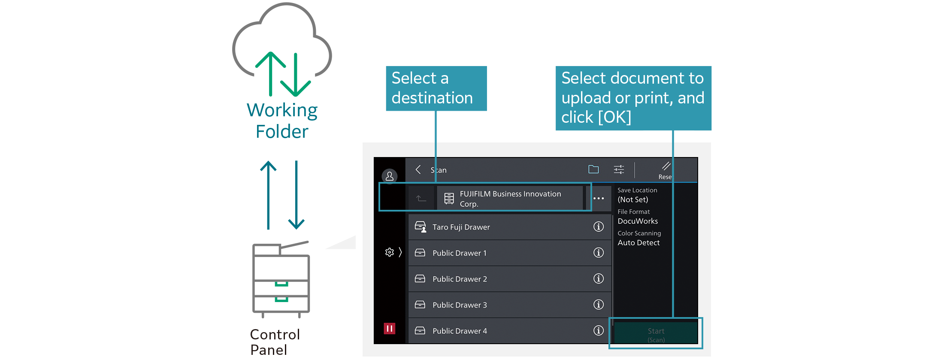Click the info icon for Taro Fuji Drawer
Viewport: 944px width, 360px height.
[x=598, y=227]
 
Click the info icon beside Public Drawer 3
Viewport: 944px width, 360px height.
[x=598, y=305]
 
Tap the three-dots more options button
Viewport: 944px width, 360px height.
[x=599, y=198]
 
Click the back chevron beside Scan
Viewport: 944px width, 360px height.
[x=418, y=170]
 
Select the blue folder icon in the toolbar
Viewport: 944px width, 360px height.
[x=593, y=169]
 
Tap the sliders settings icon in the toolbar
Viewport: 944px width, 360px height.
[x=619, y=170]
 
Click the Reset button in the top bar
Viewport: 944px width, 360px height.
[x=666, y=171]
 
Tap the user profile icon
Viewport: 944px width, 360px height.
[x=390, y=176]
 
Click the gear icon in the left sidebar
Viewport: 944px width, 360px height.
[x=390, y=252]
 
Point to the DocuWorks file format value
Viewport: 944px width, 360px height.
[x=638, y=221]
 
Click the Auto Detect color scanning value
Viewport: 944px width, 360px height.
[x=638, y=242]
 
